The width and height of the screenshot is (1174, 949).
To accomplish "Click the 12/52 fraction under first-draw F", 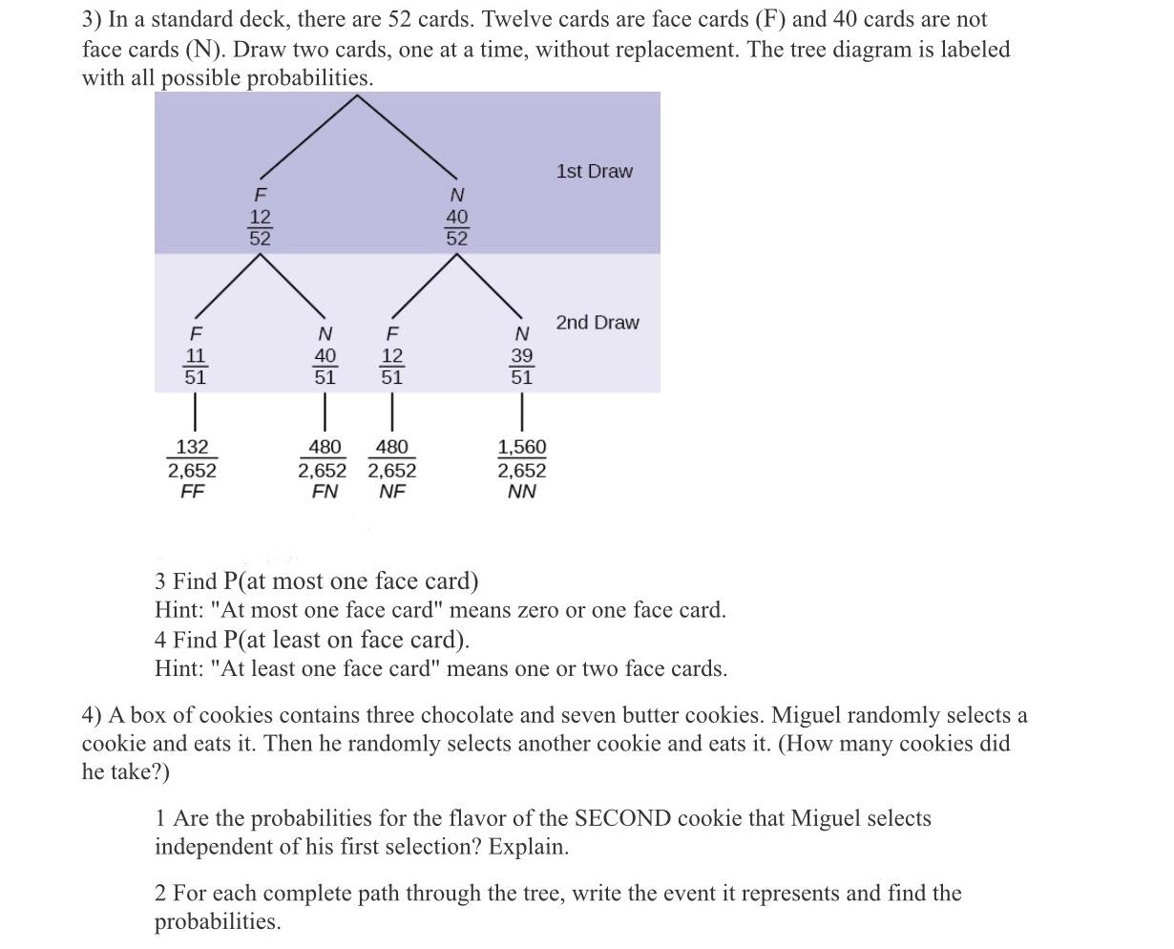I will (x=261, y=227).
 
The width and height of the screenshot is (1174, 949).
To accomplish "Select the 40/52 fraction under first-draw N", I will (x=457, y=227).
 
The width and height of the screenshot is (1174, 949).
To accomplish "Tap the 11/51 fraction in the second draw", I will (x=195, y=366).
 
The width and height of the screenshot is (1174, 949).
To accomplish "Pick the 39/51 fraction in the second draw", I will (x=521, y=366).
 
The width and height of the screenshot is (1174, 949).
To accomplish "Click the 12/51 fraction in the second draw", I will (x=391, y=366).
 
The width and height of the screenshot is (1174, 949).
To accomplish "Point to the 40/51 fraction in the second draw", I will (x=325, y=366).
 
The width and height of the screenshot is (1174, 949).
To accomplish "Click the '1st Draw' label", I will (x=594, y=172).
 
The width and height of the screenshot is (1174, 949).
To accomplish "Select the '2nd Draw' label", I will (x=597, y=323).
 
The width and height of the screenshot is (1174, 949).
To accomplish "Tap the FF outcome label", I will (x=192, y=492).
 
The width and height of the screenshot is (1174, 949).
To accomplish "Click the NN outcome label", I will (x=521, y=492).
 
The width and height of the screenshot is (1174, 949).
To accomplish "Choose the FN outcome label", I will (x=325, y=492).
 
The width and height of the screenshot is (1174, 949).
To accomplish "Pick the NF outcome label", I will (x=392, y=492).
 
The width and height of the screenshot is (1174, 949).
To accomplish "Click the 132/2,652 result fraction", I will (x=192, y=458).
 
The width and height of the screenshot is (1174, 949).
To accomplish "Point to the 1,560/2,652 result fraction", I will (x=522, y=458).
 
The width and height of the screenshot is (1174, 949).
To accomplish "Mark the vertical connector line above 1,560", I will (x=522, y=412).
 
